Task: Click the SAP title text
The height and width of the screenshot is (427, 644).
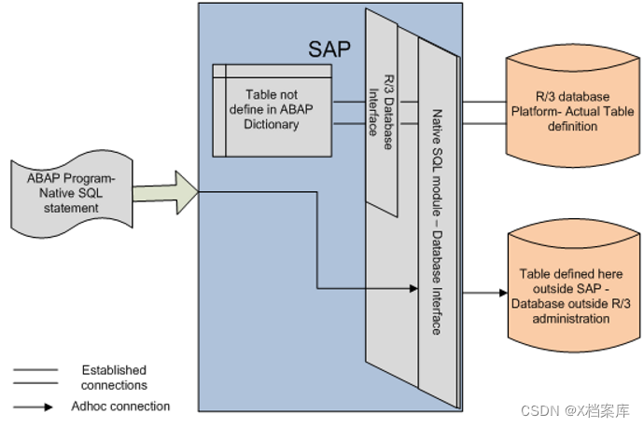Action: click(x=329, y=49)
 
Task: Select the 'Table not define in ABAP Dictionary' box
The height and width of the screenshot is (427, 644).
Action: click(x=272, y=110)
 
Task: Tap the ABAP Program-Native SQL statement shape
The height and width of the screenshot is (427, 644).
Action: click(x=71, y=194)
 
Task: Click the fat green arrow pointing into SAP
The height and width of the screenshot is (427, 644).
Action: click(x=166, y=193)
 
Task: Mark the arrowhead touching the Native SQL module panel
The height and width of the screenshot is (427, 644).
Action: click(x=411, y=288)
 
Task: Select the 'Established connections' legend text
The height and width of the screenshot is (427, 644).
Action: click(x=114, y=378)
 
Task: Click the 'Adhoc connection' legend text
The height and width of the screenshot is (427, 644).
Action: click(x=121, y=406)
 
